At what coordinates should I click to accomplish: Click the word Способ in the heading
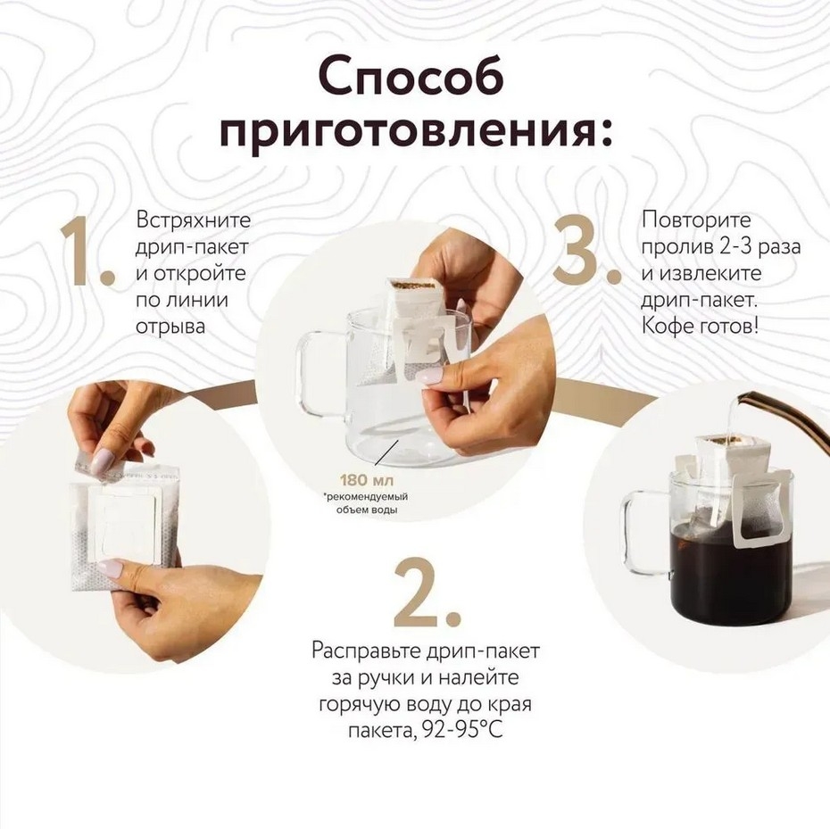tap(411, 79)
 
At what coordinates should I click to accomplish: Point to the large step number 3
tap(587, 251)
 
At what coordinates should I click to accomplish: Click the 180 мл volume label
tap(366, 481)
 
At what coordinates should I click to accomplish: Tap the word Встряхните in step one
tap(193, 220)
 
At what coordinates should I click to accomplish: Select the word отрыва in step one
tap(170, 327)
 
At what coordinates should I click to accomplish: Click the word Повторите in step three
tap(696, 220)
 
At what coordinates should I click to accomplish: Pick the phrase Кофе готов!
tap(700, 326)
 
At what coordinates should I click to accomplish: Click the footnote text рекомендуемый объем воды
tap(367, 503)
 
